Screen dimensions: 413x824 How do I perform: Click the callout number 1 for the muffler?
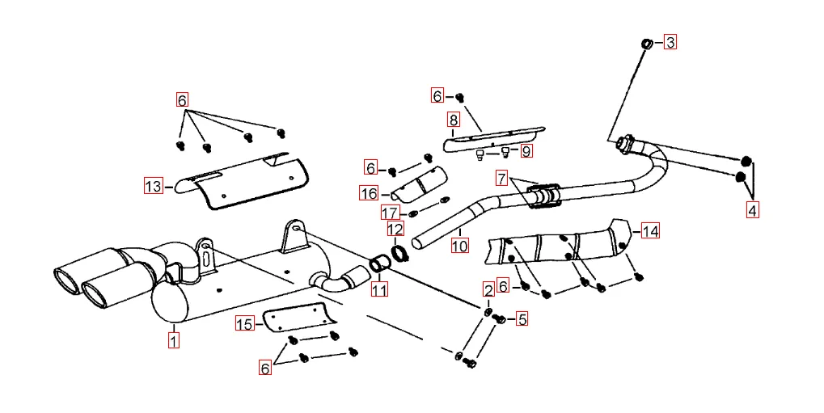click(174, 339)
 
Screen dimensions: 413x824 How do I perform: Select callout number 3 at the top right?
click(670, 42)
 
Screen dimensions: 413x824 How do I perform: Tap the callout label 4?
click(753, 211)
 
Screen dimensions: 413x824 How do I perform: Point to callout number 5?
click(522, 319)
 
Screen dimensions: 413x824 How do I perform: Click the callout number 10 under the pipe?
click(459, 244)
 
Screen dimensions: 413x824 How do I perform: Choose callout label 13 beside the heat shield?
click(153, 187)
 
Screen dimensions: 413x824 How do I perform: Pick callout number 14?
click(650, 231)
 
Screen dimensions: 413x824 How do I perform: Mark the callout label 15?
click(244, 324)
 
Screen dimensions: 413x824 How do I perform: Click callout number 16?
click(369, 193)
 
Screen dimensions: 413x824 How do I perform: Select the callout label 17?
click(390, 213)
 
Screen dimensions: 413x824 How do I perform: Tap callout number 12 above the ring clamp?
click(395, 230)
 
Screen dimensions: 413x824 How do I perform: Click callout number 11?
click(379, 288)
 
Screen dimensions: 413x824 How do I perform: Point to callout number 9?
click(526, 150)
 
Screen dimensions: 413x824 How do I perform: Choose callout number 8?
click(453, 120)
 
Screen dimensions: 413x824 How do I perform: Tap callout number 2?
click(488, 289)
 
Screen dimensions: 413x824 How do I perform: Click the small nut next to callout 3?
click(647, 42)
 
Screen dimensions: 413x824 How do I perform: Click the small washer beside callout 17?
click(413, 213)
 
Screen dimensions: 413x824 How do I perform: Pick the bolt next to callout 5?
click(499, 319)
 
